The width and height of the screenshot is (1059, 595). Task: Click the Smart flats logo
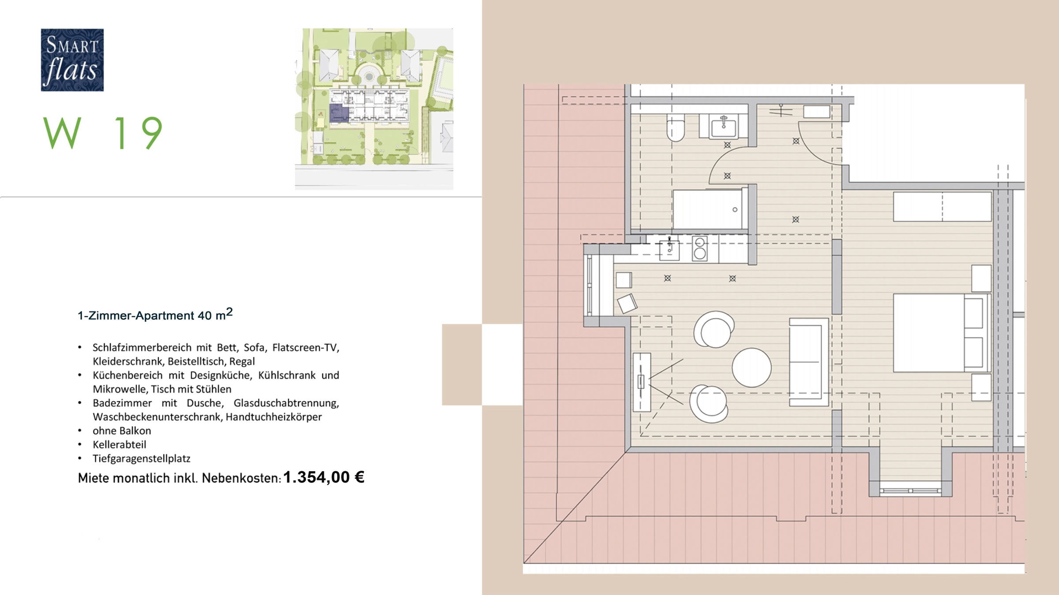72,60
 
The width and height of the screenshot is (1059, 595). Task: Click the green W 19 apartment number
103,133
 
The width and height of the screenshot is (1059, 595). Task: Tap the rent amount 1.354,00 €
323,477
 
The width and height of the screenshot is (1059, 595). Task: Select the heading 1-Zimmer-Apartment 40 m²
155,315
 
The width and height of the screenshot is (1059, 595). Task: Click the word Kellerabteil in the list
119,444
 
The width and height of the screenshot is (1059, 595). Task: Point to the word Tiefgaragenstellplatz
141,458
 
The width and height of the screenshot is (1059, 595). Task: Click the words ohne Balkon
122,431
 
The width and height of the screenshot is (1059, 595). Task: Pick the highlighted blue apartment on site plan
338,113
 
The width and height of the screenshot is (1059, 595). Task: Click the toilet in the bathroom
675,127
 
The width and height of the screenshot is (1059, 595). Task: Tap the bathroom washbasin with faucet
723,126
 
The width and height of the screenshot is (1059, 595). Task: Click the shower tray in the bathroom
708,209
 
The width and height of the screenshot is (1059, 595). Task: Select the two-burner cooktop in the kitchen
699,249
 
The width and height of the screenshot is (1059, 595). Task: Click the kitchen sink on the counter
669,250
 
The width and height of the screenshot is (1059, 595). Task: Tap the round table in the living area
751,368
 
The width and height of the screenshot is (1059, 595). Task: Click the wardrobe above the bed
942,206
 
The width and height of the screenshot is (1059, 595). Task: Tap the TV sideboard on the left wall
642,382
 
